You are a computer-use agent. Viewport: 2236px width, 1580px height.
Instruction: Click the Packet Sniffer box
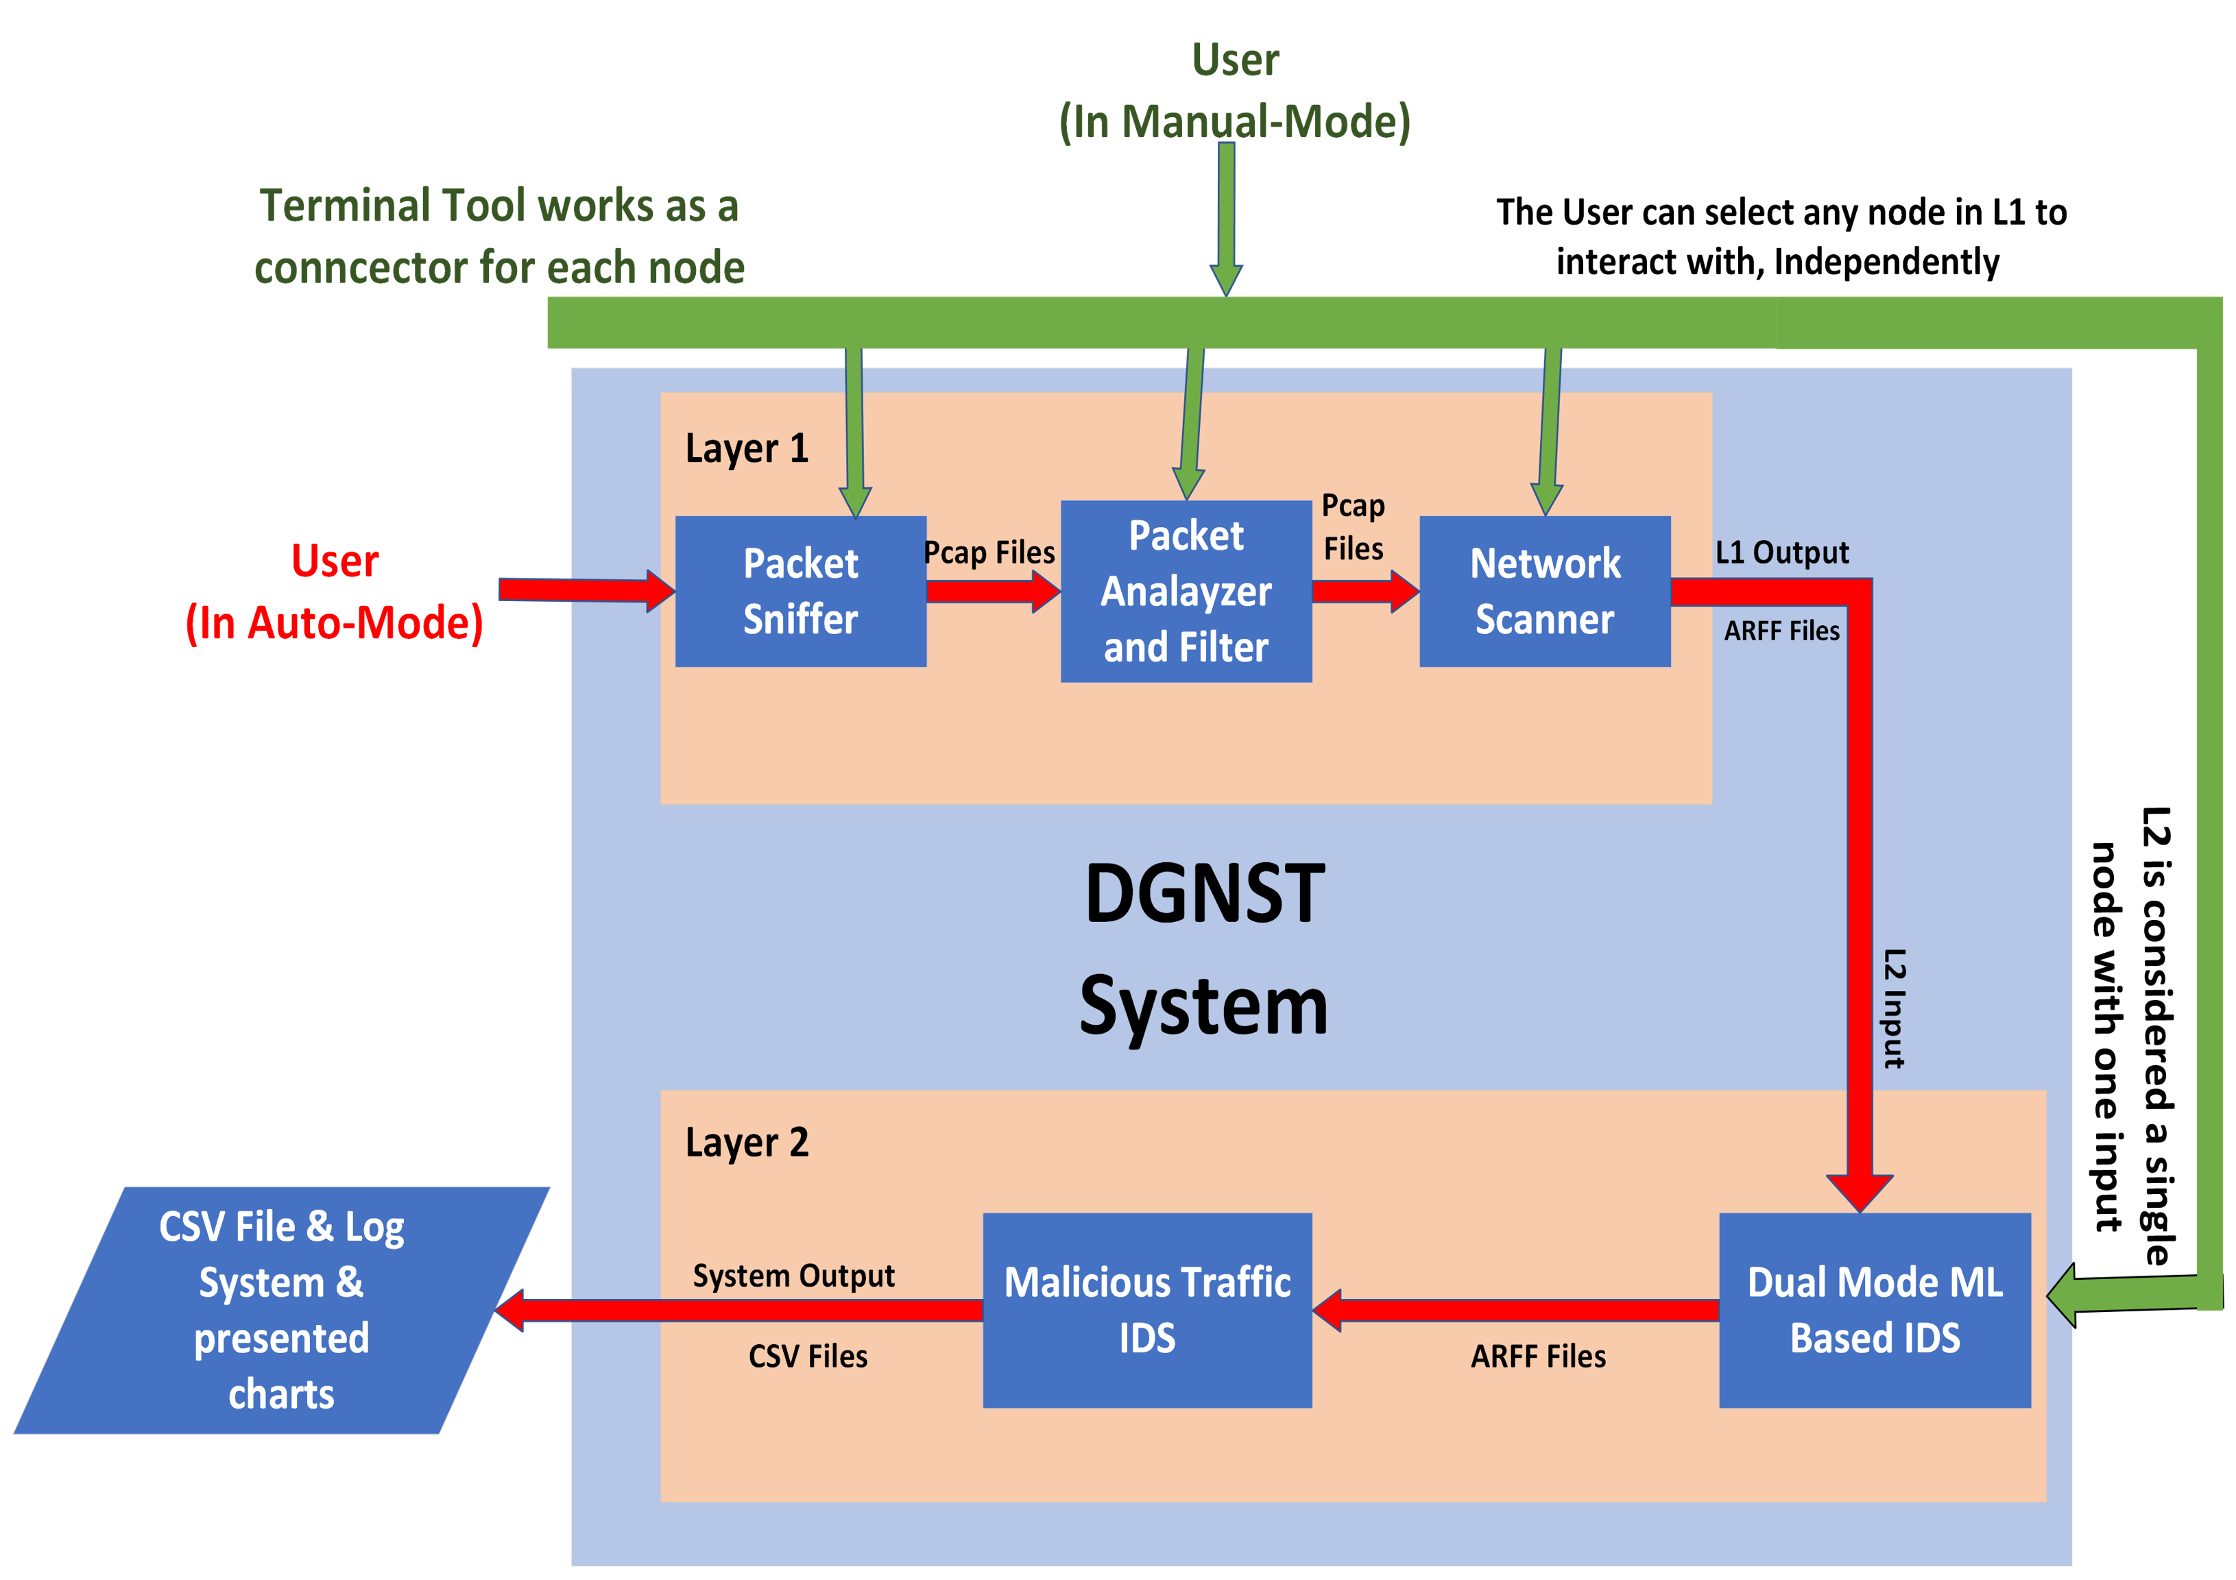800,591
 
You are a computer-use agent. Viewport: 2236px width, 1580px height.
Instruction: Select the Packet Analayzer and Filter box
1186,591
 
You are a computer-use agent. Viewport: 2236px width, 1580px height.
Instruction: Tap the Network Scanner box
1545,591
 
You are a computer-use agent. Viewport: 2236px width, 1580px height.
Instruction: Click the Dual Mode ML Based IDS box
1874,1309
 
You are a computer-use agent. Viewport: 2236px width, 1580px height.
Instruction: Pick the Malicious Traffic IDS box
1146,1309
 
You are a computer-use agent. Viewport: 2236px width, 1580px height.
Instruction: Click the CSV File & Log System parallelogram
280,1309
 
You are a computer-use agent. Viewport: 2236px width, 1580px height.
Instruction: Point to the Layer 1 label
747,449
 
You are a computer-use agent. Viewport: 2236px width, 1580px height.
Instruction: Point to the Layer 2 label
747,1142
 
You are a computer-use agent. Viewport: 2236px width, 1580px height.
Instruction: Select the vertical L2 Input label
1892,1008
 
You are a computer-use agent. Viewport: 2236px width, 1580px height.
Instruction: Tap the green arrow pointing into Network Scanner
1550,428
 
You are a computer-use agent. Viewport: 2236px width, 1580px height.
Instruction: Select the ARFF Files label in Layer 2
1538,1356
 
